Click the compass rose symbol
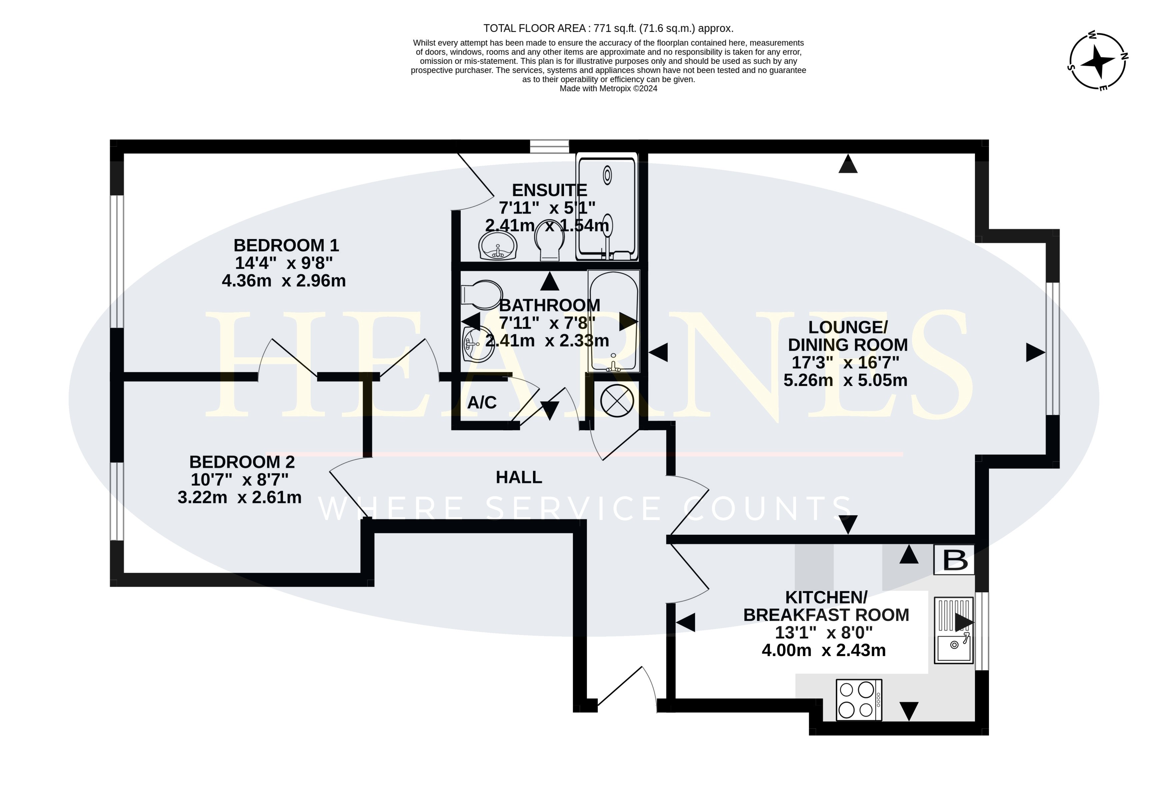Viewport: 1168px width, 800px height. pos(1098,62)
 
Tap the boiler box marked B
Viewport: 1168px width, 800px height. pos(954,560)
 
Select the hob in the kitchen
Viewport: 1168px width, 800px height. pos(859,700)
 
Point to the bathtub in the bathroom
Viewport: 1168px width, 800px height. pos(614,321)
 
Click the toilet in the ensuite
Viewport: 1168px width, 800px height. pos(549,241)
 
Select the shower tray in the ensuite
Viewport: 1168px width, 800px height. pos(607,207)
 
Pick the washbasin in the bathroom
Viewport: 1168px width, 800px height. pos(477,344)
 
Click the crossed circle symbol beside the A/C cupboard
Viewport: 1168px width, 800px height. pos(617,401)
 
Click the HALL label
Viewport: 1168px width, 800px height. pos(519,477)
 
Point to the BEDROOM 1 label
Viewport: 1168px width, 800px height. pos(286,245)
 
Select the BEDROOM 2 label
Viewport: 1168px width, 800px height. pos(242,462)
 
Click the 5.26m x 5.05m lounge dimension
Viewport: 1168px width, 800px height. pos(845,380)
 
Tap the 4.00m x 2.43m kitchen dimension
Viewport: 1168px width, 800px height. pos(824,650)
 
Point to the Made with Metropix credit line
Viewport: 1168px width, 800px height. pos(608,88)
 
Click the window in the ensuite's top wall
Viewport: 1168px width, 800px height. pos(549,146)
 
